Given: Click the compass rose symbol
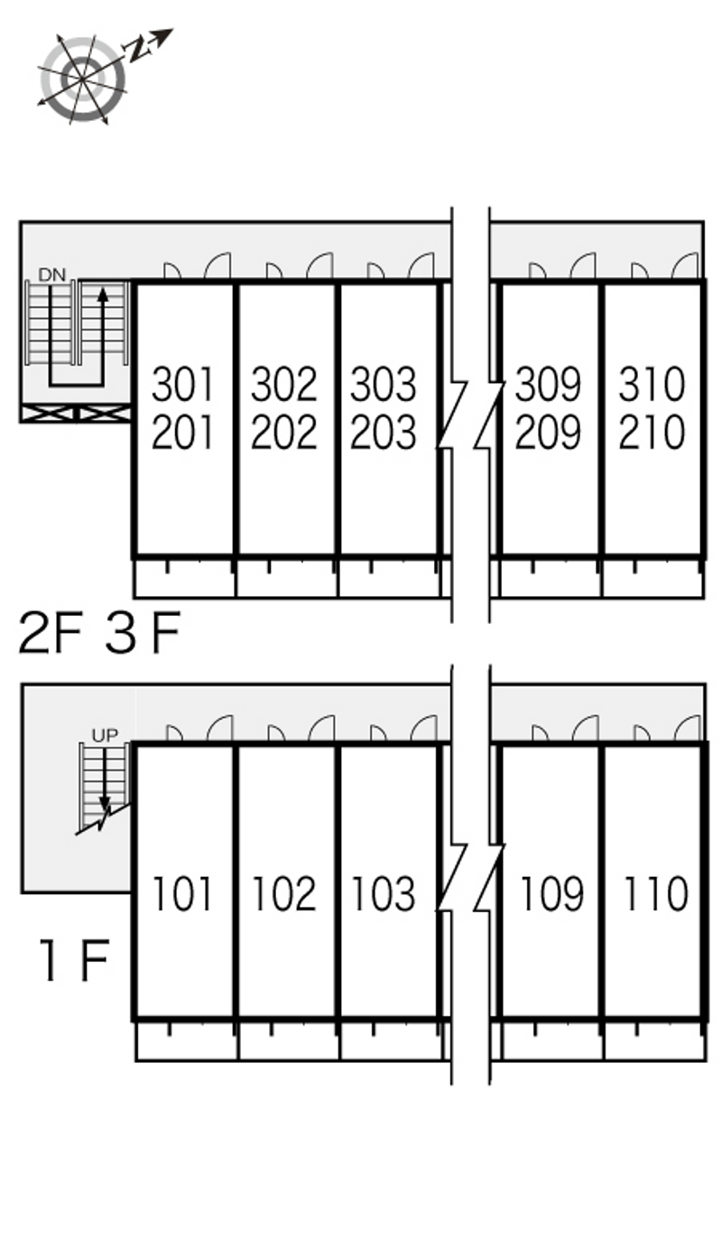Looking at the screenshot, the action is point(82,79).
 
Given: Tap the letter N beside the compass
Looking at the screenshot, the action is point(137,50).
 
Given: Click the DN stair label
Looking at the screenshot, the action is point(52,275).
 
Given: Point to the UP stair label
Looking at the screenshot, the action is point(105,736).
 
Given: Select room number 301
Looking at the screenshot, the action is point(182,385).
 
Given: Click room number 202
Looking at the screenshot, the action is point(283,433).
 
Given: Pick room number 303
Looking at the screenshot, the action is point(383,385).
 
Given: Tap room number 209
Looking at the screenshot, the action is point(548,433).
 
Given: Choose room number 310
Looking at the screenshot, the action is point(652,385).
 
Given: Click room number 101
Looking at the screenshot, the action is point(182,893).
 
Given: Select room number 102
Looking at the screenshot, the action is point(283,893).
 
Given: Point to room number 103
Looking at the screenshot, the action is point(383,893).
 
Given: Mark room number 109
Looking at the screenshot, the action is point(551,893).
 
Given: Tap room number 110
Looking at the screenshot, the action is point(656,893).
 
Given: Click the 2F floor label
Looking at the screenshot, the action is point(51,633).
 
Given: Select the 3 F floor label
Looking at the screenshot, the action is point(143,633).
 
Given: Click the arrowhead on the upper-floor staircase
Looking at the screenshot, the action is point(102,294).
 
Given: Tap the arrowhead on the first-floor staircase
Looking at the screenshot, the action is point(104,805).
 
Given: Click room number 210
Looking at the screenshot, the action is point(652,433).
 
